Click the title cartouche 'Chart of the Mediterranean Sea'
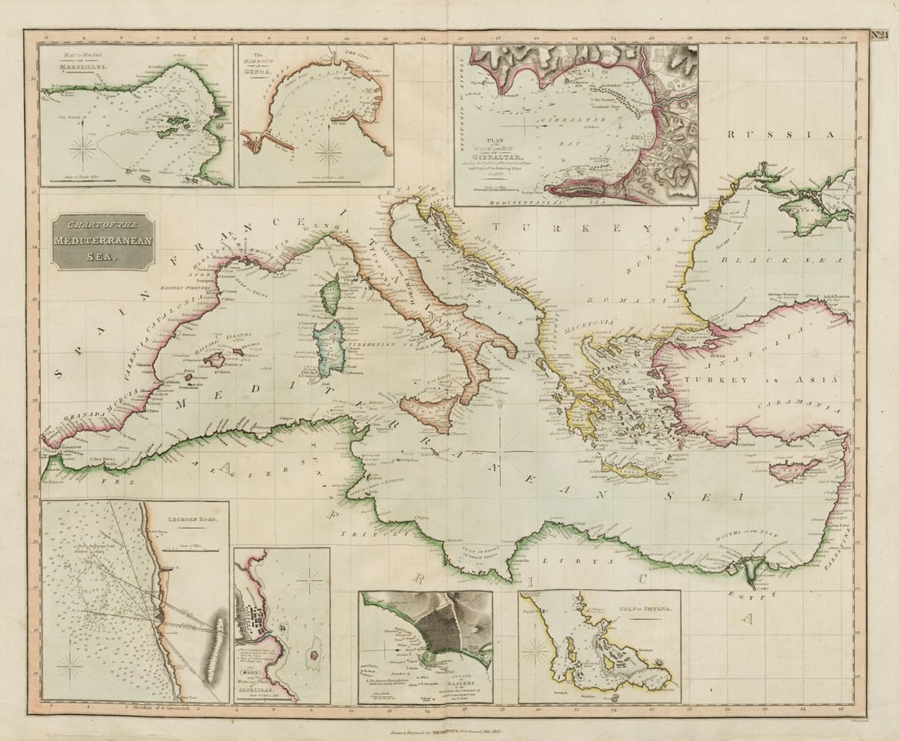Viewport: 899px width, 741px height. pyautogui.click(x=103, y=242)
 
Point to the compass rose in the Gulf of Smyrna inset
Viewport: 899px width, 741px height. pyautogui.click(x=535, y=651)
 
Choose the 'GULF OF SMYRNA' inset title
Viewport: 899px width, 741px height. pyautogui.click(x=638, y=607)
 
